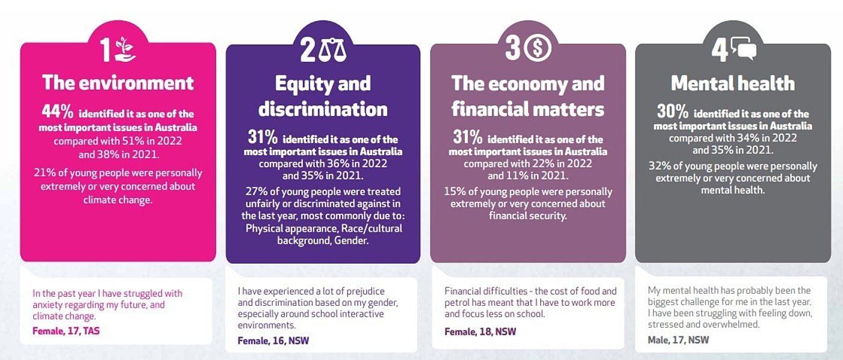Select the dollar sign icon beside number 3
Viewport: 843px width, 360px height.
pyautogui.click(x=537, y=49)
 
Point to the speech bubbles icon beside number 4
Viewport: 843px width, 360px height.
pyautogui.click(x=743, y=49)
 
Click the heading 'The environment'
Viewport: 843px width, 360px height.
pyautogui.click(x=118, y=82)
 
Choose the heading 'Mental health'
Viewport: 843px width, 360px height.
pyautogui.click(x=732, y=83)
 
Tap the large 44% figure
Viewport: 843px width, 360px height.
pyautogui.click(x=58, y=112)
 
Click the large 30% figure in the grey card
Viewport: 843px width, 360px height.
pyautogui.click(x=672, y=112)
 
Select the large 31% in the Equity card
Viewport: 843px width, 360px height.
pyautogui.click(x=263, y=137)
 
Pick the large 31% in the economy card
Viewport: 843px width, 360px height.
pyautogui.click(x=467, y=137)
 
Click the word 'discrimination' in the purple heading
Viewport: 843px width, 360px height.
pyautogui.click(x=323, y=109)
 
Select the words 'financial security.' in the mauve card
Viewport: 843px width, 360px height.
pyautogui.click(x=527, y=215)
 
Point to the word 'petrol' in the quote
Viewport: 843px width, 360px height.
pyautogui.click(x=458, y=302)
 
